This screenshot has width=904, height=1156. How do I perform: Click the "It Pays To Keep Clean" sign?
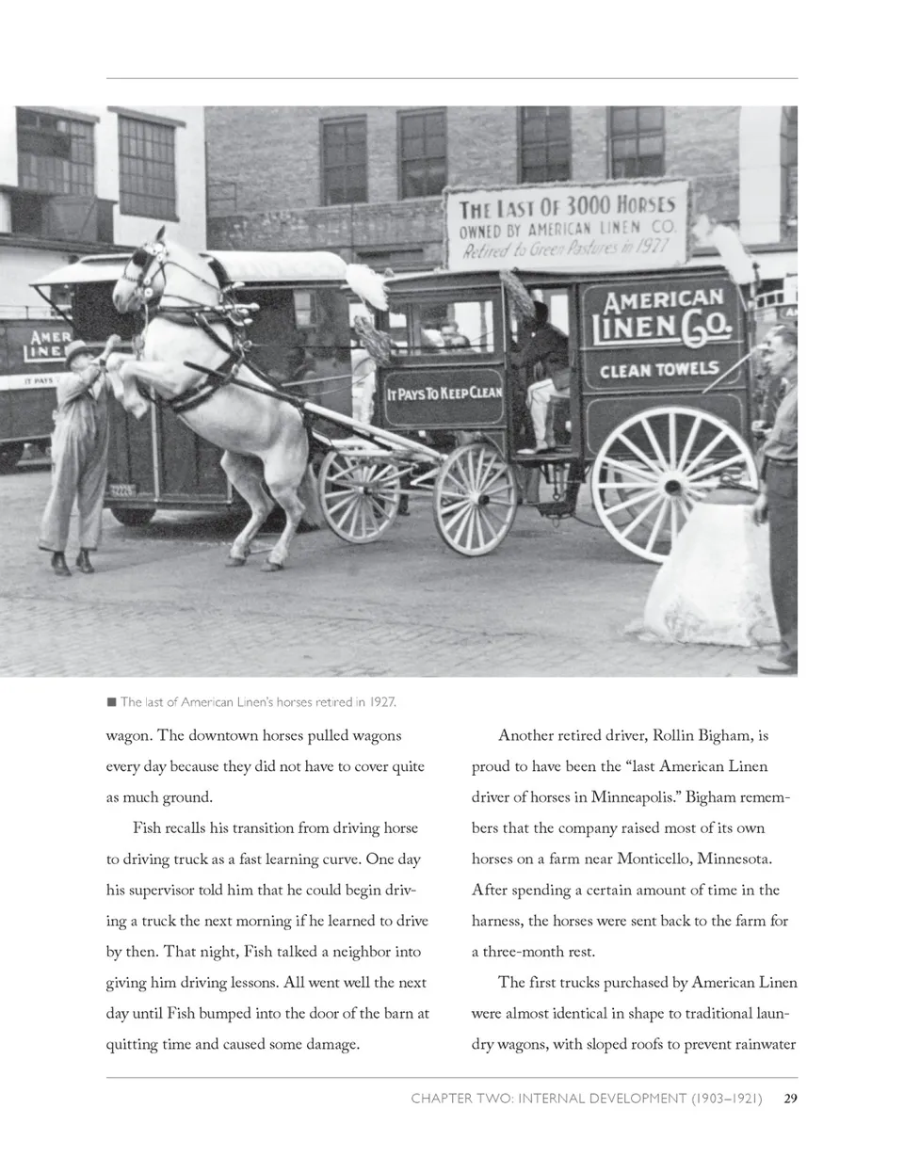(x=444, y=393)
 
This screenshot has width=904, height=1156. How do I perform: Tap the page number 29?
(x=791, y=1098)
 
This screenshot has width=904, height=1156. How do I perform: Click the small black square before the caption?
(x=111, y=701)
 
